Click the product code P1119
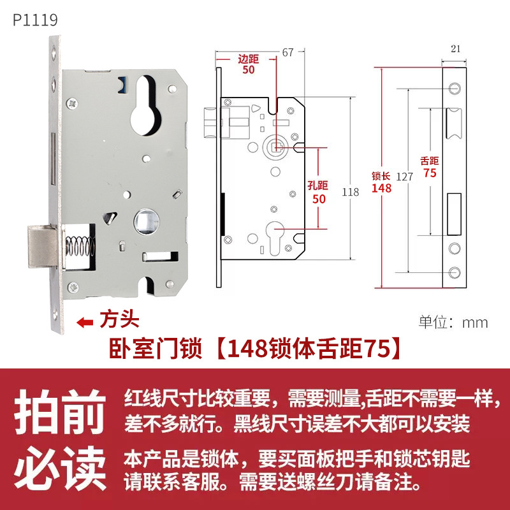point(35,20)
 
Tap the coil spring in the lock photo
point(80,244)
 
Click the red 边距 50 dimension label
point(249,64)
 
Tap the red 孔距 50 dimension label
point(317,193)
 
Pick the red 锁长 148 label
point(381,182)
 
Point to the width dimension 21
point(455,48)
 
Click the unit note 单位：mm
point(453,322)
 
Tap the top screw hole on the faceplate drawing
point(454,87)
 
